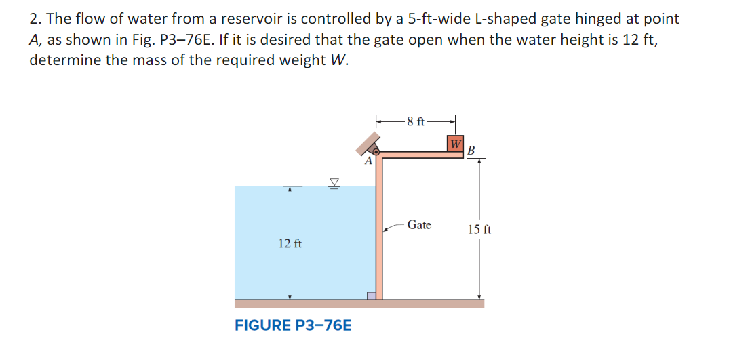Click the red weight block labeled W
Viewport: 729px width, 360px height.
coord(456,145)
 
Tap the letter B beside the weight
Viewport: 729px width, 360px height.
coord(472,149)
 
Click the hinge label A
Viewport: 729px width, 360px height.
coord(368,162)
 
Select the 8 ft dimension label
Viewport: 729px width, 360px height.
coord(415,122)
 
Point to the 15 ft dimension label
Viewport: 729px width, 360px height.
coord(479,230)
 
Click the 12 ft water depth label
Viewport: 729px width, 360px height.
coord(290,243)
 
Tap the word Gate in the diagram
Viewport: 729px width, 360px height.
coord(419,225)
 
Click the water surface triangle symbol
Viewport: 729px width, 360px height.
coord(334,181)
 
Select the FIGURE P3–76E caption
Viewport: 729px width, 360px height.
coord(293,325)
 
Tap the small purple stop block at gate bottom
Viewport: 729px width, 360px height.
coord(371,295)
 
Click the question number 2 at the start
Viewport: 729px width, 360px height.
coord(33,19)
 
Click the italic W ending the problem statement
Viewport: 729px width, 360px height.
coord(340,60)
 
